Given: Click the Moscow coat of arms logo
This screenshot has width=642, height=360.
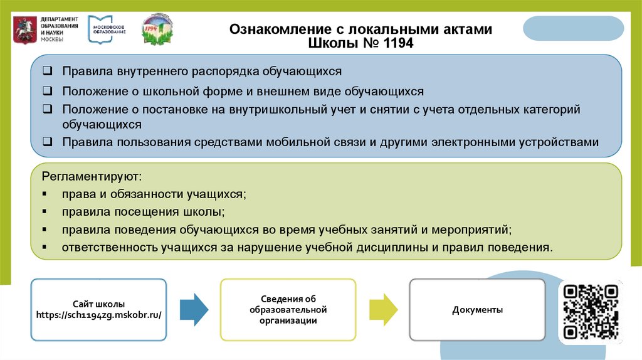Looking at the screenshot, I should click(x=24, y=29).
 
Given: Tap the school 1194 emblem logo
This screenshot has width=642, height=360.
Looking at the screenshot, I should click(x=157, y=29).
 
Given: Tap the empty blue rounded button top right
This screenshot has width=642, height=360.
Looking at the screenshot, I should click(x=573, y=29).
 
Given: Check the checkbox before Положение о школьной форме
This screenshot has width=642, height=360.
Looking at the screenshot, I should click(x=48, y=91).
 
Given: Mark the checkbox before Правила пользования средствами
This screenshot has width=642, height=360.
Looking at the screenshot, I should click(x=48, y=142).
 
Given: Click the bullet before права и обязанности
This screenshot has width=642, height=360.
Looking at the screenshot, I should click(x=45, y=194).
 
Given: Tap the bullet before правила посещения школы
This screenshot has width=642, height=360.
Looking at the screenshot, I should click(x=45, y=212).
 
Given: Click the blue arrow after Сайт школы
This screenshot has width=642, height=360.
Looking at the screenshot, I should click(x=194, y=309).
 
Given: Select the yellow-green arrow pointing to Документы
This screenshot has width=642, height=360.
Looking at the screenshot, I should click(x=383, y=309).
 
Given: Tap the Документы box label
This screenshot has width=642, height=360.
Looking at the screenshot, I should click(x=477, y=310).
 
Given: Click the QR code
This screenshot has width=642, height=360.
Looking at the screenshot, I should click(x=591, y=311).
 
